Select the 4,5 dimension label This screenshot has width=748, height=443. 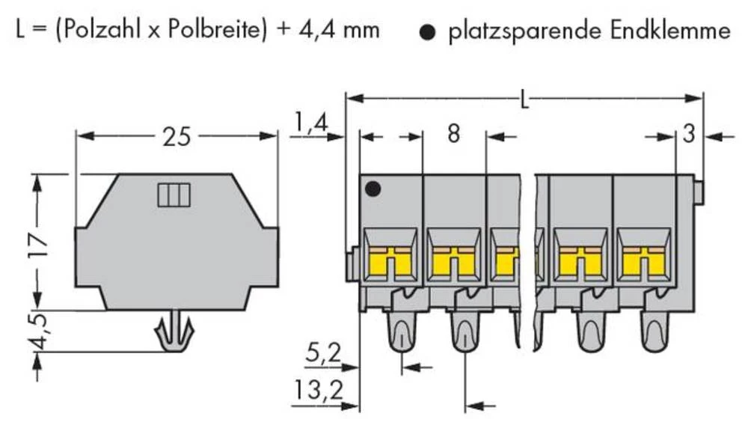click(42, 330)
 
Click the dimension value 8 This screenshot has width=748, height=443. click(453, 135)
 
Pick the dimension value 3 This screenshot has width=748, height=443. click(689, 135)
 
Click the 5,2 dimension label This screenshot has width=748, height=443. click(323, 352)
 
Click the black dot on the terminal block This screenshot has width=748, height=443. click(372, 189)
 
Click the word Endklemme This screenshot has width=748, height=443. click(670, 31)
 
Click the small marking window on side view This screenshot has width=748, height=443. click(174, 195)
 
